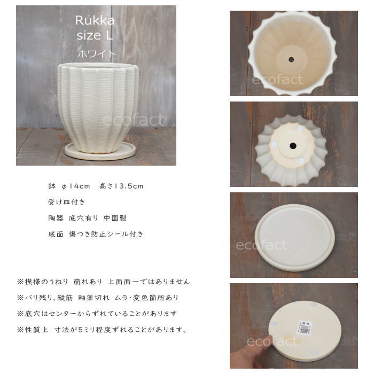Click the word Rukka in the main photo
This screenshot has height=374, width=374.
[x=95, y=20]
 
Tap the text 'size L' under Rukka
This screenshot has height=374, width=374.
[x=95, y=36]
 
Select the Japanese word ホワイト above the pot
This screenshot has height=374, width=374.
[x=96, y=53]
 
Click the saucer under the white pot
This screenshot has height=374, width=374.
[x=100, y=151]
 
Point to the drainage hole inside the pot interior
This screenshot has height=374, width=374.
[x=291, y=59]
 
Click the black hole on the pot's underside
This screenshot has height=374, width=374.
[x=293, y=146]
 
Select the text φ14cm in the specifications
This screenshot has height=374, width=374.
[x=76, y=186]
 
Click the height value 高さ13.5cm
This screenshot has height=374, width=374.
[x=121, y=186]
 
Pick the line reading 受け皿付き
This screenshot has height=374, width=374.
[x=67, y=202]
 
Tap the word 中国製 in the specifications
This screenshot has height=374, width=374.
[x=115, y=218]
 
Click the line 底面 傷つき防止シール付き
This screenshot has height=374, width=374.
[x=96, y=234]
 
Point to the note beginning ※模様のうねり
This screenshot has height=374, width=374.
[x=104, y=282]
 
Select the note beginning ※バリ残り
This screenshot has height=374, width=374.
[x=98, y=298]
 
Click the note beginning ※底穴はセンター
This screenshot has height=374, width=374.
[x=97, y=314]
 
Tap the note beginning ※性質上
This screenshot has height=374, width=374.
[x=102, y=330]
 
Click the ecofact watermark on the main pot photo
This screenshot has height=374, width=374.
[x=134, y=120]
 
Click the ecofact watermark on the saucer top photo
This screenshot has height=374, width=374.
[x=261, y=245]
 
